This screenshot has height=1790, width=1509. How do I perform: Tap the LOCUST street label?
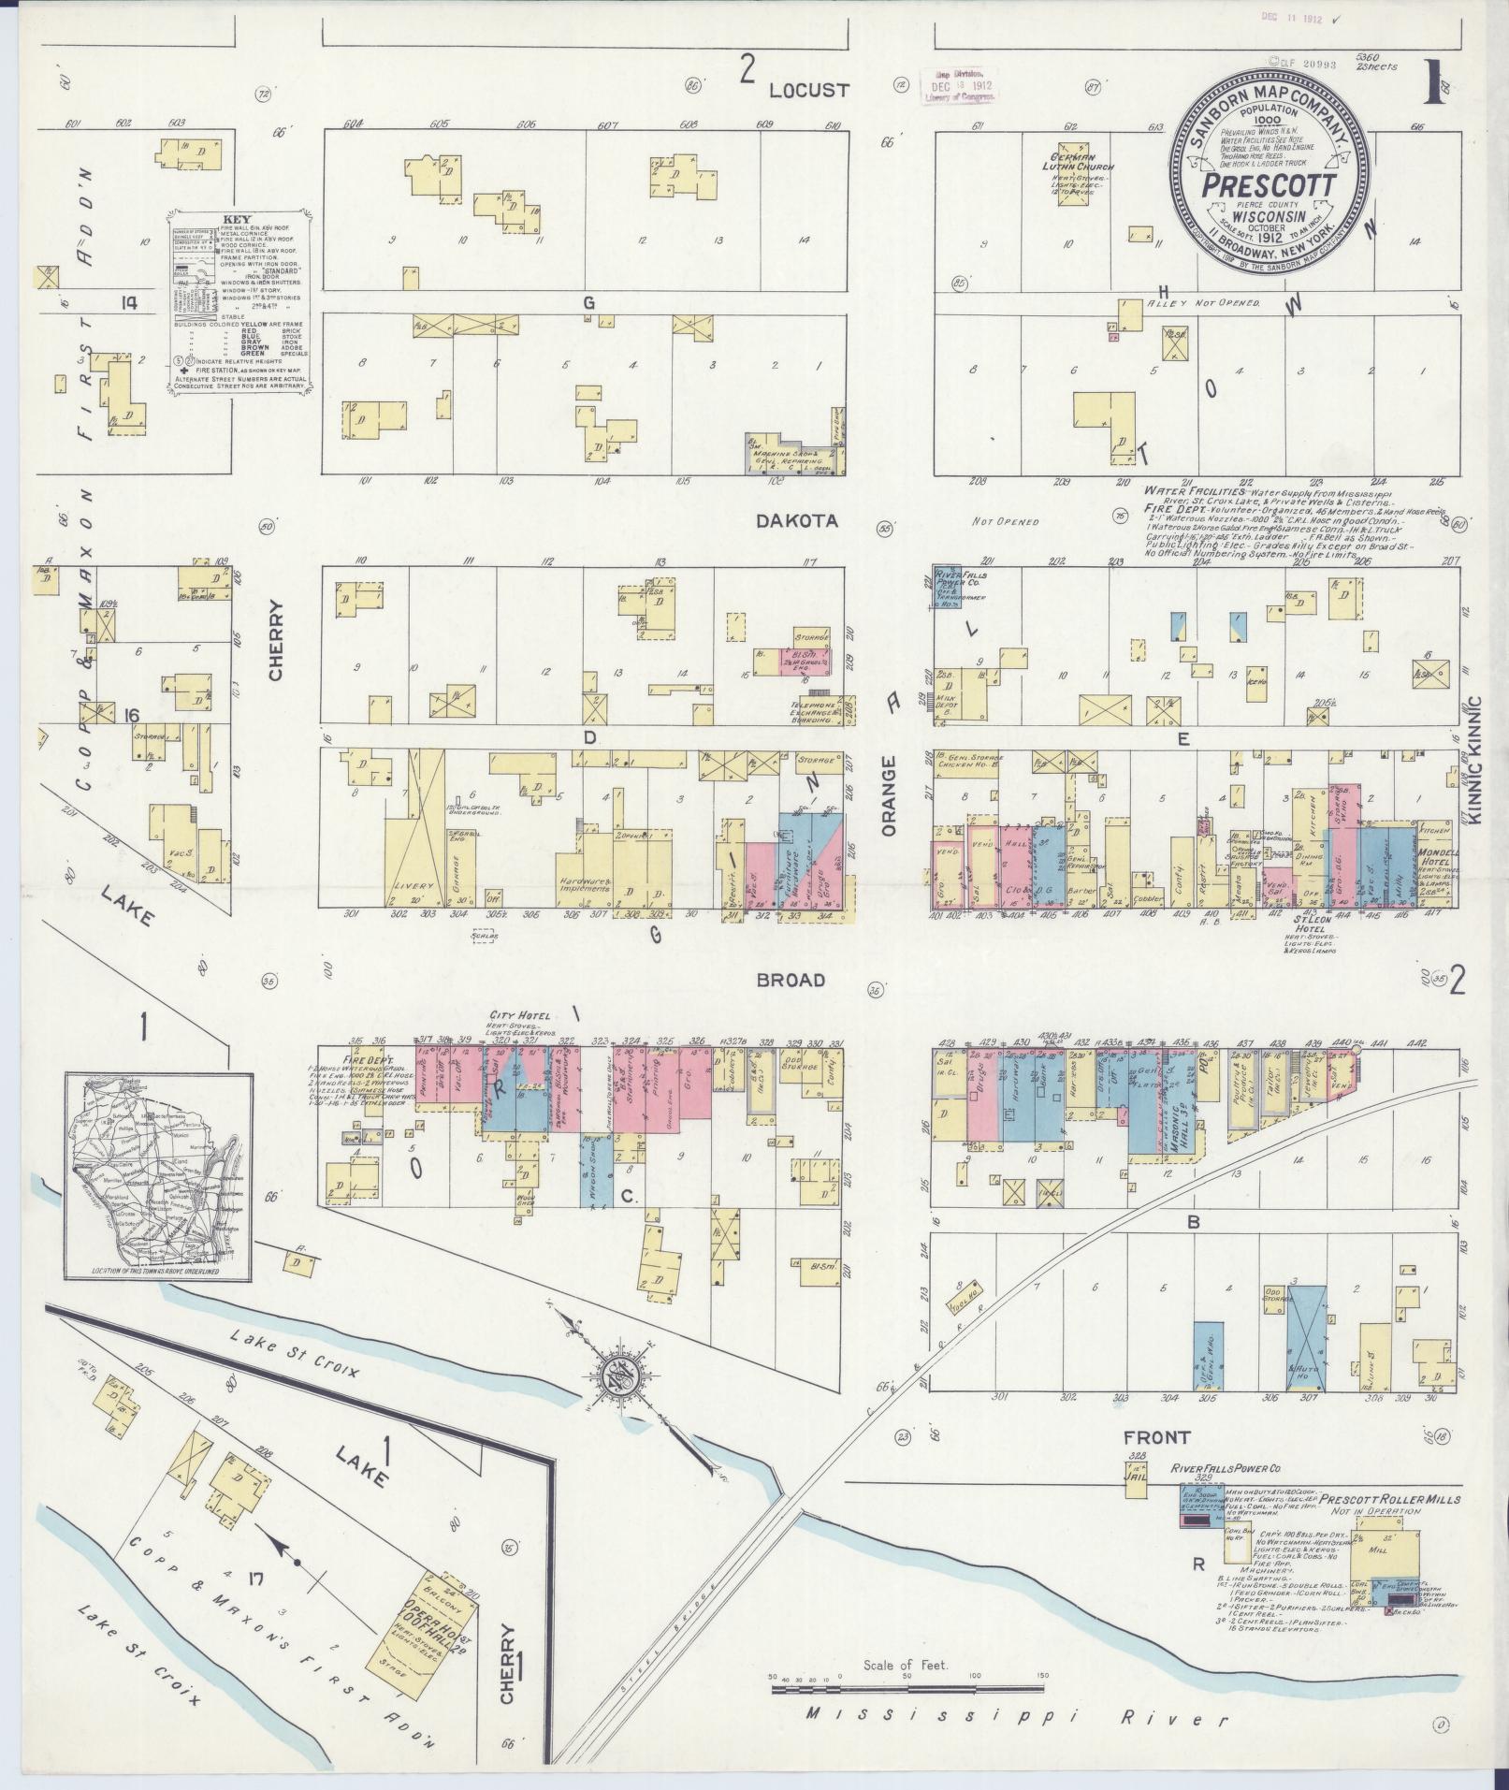[x=809, y=90]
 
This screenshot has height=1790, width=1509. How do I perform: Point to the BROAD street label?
[x=791, y=980]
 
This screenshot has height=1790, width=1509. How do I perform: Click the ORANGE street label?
[x=890, y=796]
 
